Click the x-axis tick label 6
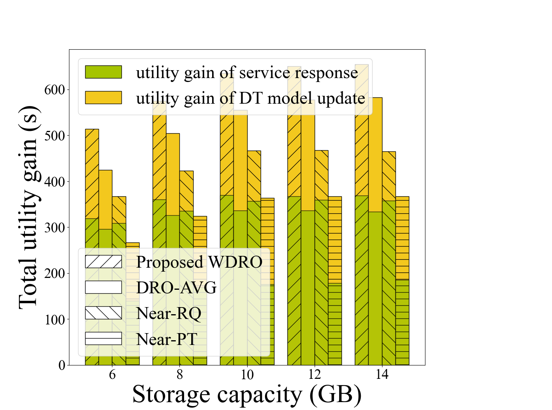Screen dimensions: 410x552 (112, 375)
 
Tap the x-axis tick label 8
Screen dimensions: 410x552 (180, 375)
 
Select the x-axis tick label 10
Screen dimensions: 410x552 (247, 375)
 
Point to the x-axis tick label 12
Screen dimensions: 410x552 (315, 375)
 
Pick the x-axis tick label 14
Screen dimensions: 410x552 (382, 375)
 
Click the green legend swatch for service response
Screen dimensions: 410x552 (103, 72)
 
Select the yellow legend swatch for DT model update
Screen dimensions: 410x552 (103, 97)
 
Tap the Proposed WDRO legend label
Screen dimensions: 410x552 (199, 262)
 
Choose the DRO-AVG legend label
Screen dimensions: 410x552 (176, 288)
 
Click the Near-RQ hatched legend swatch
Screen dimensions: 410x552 (103, 313)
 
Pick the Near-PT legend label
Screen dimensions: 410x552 (166, 339)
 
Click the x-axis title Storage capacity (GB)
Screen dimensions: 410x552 (247, 394)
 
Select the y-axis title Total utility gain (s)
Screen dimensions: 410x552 (28, 207)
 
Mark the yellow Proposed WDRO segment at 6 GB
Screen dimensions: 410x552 (92, 173)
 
